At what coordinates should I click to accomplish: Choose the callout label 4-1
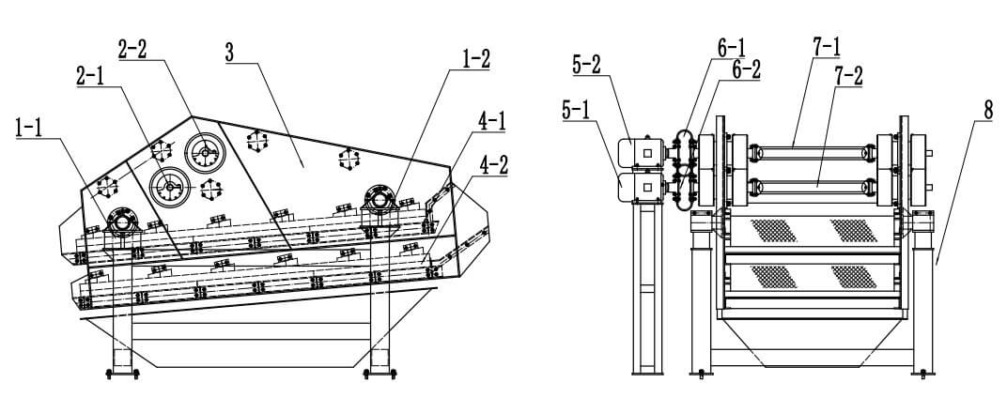490,120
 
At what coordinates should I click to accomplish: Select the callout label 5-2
587,64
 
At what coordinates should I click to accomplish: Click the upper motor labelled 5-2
643,152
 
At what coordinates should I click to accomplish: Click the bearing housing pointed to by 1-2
377,197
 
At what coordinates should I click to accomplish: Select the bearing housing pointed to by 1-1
122,222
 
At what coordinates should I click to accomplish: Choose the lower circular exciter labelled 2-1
171,186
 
